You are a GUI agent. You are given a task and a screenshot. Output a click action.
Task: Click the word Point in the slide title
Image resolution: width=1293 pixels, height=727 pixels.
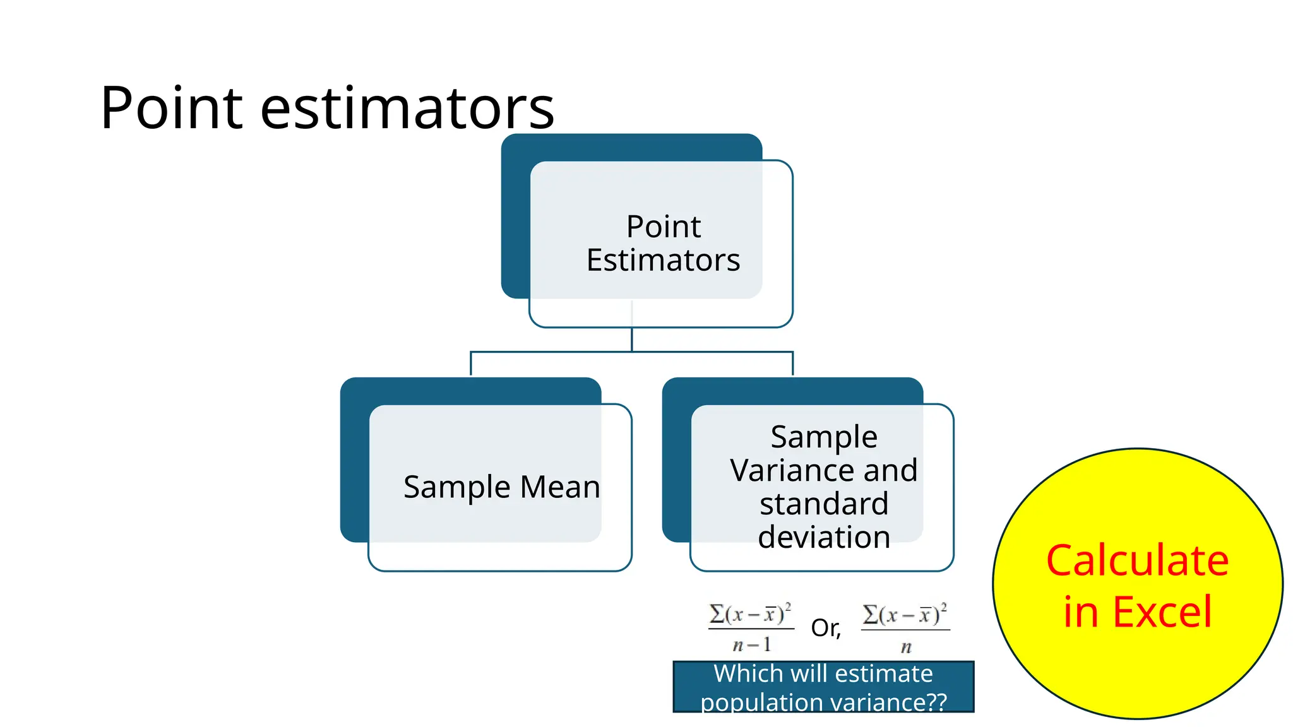pos(171,109)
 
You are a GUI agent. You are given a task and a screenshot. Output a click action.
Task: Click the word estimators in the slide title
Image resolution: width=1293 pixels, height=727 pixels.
pos(407,109)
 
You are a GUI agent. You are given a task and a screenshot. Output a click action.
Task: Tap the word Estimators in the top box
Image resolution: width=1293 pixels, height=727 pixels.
pos(663,260)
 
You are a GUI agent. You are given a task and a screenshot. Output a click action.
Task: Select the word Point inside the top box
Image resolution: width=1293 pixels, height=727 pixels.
pos(663,227)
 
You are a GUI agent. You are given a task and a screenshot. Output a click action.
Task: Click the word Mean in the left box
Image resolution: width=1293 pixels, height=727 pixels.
pos(559,487)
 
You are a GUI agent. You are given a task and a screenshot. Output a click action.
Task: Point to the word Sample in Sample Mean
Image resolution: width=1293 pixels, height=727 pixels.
pos(457,487)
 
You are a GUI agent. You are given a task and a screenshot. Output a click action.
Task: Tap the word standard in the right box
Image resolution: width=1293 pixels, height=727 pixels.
pos(824,504)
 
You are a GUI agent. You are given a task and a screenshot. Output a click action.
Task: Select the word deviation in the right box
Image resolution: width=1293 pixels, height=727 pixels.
pos(824,537)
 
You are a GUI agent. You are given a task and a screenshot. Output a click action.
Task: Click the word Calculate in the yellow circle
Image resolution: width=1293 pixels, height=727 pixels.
pos(1137,560)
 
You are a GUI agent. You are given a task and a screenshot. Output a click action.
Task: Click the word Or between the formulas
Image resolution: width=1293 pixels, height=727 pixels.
pos(825,628)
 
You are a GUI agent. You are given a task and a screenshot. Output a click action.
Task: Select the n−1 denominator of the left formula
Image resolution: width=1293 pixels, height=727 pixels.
pos(751,644)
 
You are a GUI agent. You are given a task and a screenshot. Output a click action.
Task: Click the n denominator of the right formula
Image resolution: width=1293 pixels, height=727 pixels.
pos(906,647)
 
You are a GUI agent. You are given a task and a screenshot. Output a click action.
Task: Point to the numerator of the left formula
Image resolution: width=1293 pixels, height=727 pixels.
pos(750,614)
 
